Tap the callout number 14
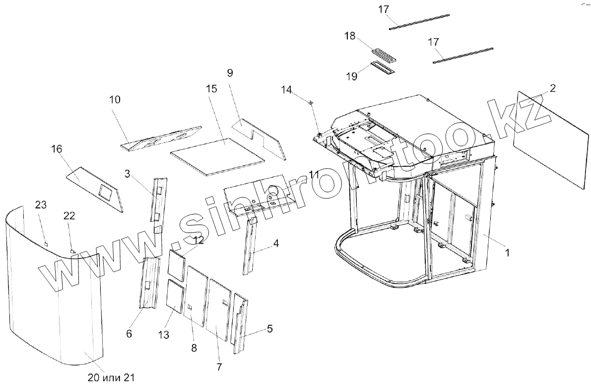[x=287, y=89]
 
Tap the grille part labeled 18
[x=385, y=54]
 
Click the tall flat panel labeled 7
[x=218, y=309]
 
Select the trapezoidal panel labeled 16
[x=97, y=187]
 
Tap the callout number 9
[x=230, y=73]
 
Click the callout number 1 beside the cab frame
[x=507, y=252]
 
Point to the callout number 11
[x=314, y=174]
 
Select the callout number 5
[x=269, y=328]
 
